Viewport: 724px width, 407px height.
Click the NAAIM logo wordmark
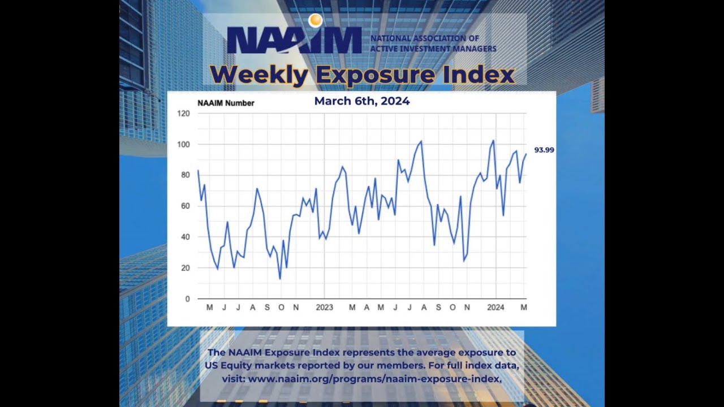pyautogui.click(x=294, y=40)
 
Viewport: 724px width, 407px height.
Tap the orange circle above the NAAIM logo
pyautogui.click(x=315, y=21)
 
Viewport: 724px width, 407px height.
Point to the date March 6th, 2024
pyautogui.click(x=361, y=101)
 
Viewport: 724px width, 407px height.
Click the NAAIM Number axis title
pyautogui.click(x=226, y=103)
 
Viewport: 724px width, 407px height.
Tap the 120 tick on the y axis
pyautogui.click(x=184, y=114)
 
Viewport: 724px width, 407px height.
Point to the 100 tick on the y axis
pyautogui.click(x=184, y=144)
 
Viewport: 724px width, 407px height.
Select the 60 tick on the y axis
pyautogui.click(x=186, y=206)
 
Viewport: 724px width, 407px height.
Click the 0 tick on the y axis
pyautogui.click(x=187, y=298)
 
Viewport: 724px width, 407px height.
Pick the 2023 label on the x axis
pyautogui.click(x=324, y=308)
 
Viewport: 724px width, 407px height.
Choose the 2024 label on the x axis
pyautogui.click(x=495, y=308)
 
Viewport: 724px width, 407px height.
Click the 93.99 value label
pyautogui.click(x=544, y=150)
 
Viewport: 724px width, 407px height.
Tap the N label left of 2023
pyautogui.click(x=296, y=308)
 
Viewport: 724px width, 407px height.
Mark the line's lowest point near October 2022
pyautogui.click(x=280, y=279)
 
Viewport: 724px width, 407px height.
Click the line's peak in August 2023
pyautogui.click(x=421, y=141)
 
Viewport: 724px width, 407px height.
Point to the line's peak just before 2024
pyautogui.click(x=493, y=141)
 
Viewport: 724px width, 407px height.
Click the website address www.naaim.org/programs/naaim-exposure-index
pyautogui.click(x=374, y=379)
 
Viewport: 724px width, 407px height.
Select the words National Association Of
pyautogui.click(x=425, y=38)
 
